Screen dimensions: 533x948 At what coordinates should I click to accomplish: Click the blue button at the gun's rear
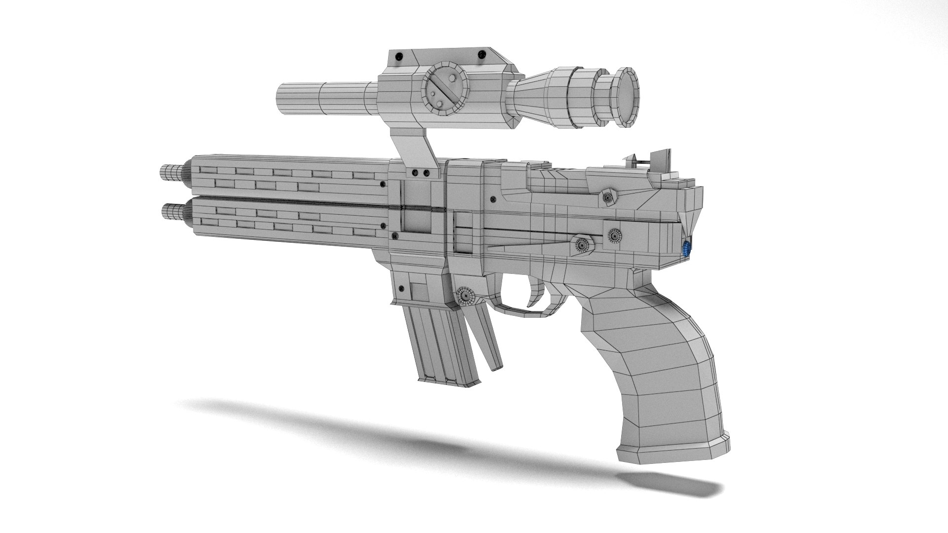pyautogui.click(x=686, y=249)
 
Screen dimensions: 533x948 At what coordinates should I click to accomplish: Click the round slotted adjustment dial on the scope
pyautogui.click(x=444, y=88)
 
